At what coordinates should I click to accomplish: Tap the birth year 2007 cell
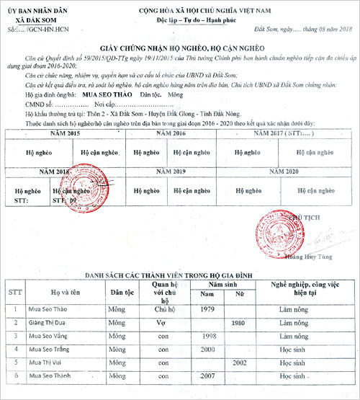pos(208,375)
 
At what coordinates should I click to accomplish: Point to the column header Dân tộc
pos(119,293)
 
